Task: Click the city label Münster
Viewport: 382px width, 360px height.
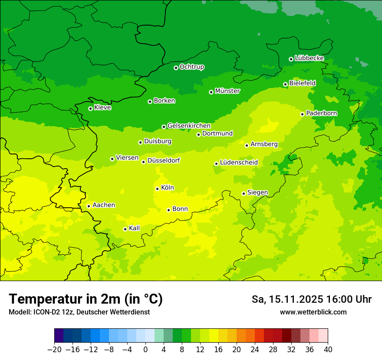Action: pos(227,91)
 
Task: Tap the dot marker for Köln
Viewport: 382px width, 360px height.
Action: pos(157,189)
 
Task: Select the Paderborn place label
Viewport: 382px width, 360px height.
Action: pos(322,113)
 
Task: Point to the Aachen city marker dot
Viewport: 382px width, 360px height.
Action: pos(89,206)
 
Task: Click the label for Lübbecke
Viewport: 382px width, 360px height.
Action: pos(309,58)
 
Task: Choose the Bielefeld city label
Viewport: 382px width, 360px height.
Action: pos(302,83)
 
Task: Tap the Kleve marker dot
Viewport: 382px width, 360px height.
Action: pos(90,108)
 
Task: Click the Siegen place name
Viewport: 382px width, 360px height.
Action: pos(257,193)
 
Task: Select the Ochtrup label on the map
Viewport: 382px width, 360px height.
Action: pos(192,67)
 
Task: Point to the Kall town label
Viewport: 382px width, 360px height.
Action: pos(135,228)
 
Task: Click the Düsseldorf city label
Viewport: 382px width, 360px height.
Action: pos(164,160)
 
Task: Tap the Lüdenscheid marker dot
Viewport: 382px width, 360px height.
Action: pos(216,164)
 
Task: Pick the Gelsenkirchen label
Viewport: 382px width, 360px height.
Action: pos(189,126)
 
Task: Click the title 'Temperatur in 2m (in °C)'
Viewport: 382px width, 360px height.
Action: pos(86,299)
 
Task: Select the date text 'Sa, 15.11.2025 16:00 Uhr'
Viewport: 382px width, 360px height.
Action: pos(312,299)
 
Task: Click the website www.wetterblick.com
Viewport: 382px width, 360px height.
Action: pos(313,312)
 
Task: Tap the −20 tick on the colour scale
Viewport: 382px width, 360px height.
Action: pos(55,350)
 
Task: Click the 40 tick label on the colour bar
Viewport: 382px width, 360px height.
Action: pos(328,350)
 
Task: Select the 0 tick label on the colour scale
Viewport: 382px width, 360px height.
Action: pos(145,350)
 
